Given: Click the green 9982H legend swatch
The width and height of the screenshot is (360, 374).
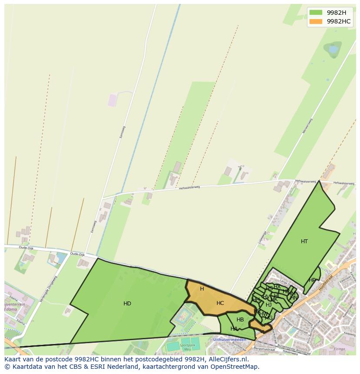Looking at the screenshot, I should tap(316, 13).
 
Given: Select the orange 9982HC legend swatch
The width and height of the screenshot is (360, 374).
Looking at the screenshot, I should tap(316, 21).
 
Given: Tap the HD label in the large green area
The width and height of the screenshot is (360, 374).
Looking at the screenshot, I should tap(127, 304).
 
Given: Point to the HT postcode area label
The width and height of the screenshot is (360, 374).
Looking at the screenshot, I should tap(304, 242).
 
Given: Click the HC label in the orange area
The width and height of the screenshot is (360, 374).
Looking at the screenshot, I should tap(220, 303).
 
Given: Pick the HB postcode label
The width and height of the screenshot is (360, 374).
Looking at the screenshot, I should tap(240, 320).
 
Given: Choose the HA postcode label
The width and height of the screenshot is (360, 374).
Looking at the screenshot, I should tap(234, 329).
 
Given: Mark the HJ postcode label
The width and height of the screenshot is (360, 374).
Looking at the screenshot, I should tap(269, 305).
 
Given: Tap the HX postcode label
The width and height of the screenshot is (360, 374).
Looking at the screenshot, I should tap(277, 287).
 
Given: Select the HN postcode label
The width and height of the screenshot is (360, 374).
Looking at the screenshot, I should tap(294, 298).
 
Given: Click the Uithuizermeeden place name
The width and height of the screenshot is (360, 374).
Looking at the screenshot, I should tap(230, 340).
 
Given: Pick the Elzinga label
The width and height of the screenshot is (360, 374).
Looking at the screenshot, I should tap(339, 349).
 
